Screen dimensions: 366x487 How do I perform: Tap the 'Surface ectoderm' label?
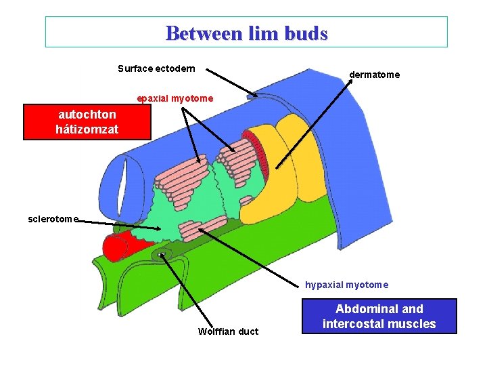coord(156,68)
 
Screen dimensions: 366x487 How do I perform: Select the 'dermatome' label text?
coord(374,75)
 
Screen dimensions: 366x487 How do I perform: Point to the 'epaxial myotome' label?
coord(175,98)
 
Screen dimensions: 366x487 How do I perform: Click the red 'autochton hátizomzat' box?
coord(87,121)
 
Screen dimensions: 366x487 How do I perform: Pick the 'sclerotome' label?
coord(53,219)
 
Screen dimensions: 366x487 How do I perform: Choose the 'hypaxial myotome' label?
coord(346,285)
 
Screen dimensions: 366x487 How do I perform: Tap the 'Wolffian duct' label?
coord(228,331)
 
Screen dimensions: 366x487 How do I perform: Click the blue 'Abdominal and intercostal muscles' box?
coord(379,316)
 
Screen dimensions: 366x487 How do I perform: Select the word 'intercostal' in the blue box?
coord(351,323)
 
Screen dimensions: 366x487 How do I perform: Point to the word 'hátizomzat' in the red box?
coord(87,128)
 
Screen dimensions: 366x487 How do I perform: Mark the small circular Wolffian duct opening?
coord(162,256)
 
